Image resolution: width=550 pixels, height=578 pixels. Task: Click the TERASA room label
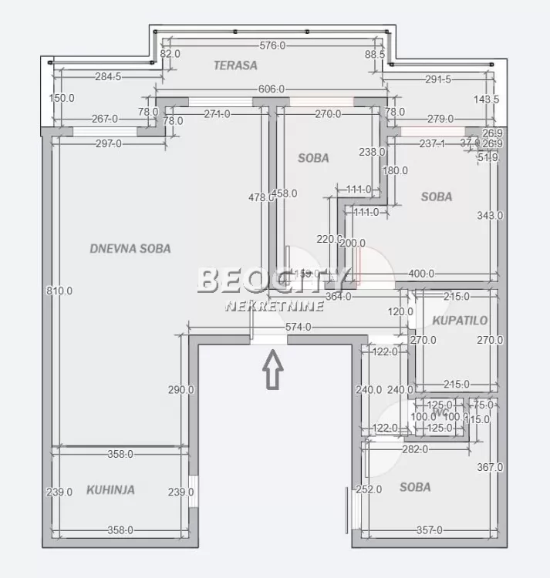point(235,66)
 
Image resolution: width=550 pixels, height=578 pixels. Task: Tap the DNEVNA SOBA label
point(130,249)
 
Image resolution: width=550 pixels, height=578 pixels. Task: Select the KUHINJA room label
point(110,489)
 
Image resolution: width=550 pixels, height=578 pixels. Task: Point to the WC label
point(441,412)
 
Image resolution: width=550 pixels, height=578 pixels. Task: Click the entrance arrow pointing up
point(273,370)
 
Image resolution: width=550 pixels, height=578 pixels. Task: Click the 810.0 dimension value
point(59,291)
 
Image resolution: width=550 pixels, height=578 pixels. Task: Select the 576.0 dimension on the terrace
point(272,45)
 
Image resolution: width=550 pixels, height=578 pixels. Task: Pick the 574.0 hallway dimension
point(298,327)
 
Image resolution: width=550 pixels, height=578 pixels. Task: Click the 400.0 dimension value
point(421,274)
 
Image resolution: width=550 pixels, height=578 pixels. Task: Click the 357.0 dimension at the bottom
point(429,529)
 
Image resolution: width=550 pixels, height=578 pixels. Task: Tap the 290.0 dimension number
point(181,390)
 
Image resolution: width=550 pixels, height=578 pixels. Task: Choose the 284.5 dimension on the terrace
point(109,76)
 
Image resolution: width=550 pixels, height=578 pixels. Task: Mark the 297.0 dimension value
point(108,143)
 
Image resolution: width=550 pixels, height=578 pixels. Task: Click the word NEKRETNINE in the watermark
point(274,307)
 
